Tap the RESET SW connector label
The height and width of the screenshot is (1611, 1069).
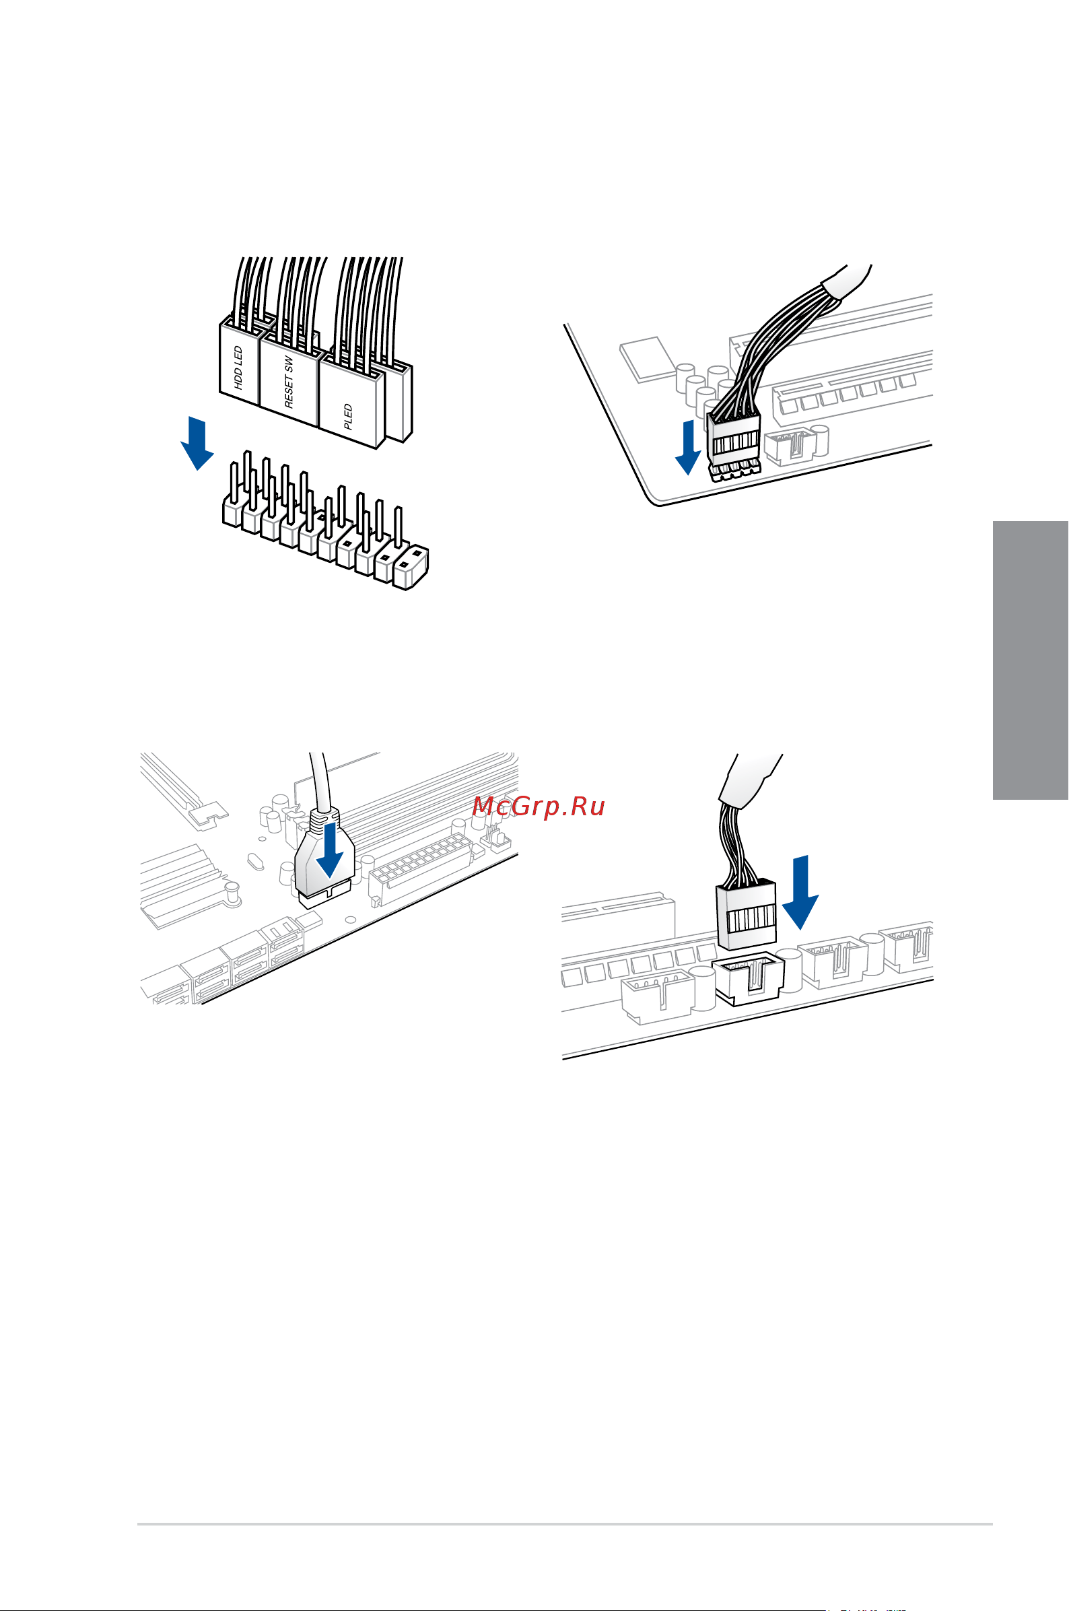(x=289, y=382)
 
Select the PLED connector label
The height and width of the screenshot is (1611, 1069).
(x=349, y=416)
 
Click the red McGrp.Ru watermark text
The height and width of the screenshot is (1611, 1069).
(x=539, y=807)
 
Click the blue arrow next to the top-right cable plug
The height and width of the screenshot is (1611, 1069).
(x=688, y=447)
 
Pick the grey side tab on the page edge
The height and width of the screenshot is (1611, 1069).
(x=1030, y=660)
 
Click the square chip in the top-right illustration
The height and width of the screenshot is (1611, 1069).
(x=647, y=358)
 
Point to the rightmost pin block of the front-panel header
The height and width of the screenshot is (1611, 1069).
(x=411, y=567)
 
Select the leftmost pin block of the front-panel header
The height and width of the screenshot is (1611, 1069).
(x=232, y=512)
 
